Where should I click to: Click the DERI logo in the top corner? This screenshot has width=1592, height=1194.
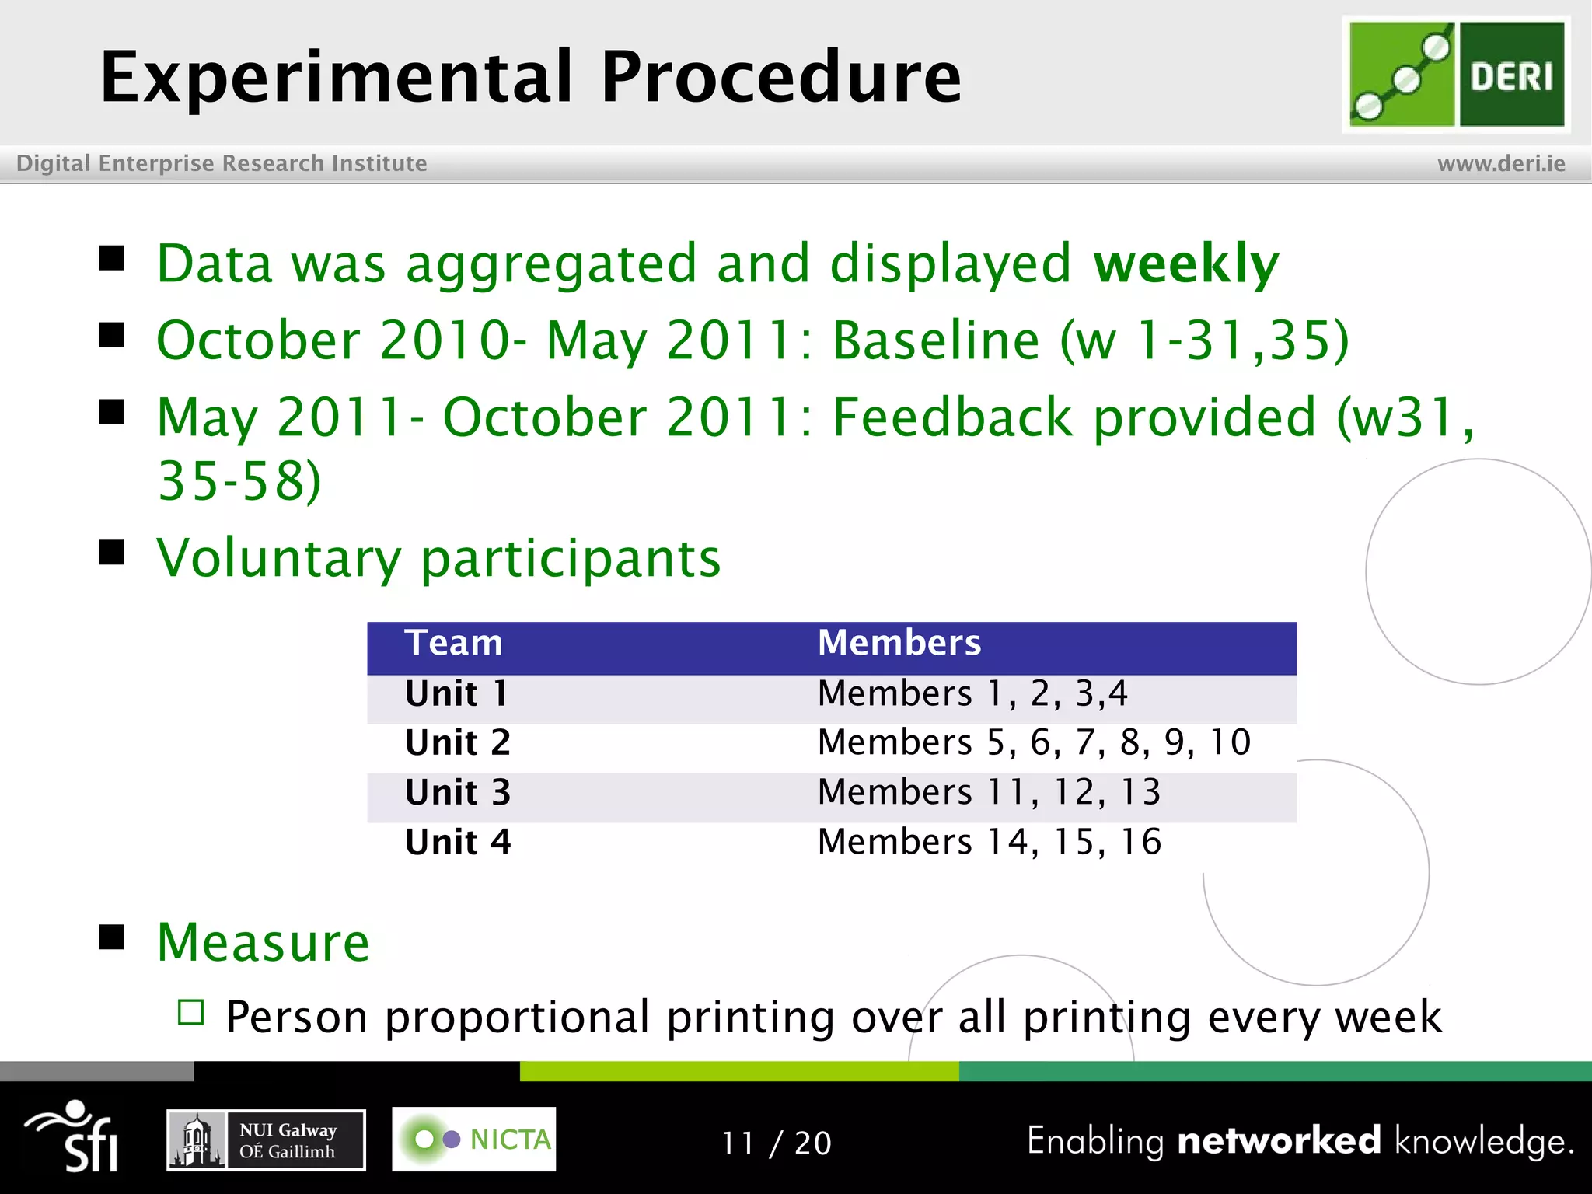pyautogui.click(x=1456, y=75)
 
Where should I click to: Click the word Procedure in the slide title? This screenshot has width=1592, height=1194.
pyautogui.click(x=780, y=77)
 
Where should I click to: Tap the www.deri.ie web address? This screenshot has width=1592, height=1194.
pyautogui.click(x=1501, y=163)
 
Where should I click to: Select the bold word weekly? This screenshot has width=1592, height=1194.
pyautogui.click(x=1185, y=264)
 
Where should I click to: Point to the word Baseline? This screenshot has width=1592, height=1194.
pyautogui.click(x=936, y=340)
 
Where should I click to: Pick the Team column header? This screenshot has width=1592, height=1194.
pyautogui.click(x=453, y=644)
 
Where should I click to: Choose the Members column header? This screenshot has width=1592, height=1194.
pyautogui.click(x=899, y=644)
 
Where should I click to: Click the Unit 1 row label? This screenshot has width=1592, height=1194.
pyautogui.click(x=456, y=693)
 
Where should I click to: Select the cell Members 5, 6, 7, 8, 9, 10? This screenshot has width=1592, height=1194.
pyautogui.click(x=1034, y=742)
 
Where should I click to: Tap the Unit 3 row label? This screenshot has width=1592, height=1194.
pyautogui.click(x=458, y=793)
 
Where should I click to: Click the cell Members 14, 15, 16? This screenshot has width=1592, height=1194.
pyautogui.click(x=990, y=842)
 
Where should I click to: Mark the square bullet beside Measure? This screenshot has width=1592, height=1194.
pyautogui.click(x=112, y=937)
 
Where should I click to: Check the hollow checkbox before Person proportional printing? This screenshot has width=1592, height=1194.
pyautogui.click(x=190, y=1013)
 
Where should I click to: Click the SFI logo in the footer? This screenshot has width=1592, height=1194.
pyautogui.click(x=74, y=1136)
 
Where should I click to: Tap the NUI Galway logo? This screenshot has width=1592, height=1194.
pyautogui.click(x=266, y=1140)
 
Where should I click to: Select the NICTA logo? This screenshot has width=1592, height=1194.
pyautogui.click(x=473, y=1140)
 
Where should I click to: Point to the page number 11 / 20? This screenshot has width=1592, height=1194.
pyautogui.click(x=777, y=1143)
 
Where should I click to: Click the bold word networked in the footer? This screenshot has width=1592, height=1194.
pyautogui.click(x=1279, y=1140)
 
